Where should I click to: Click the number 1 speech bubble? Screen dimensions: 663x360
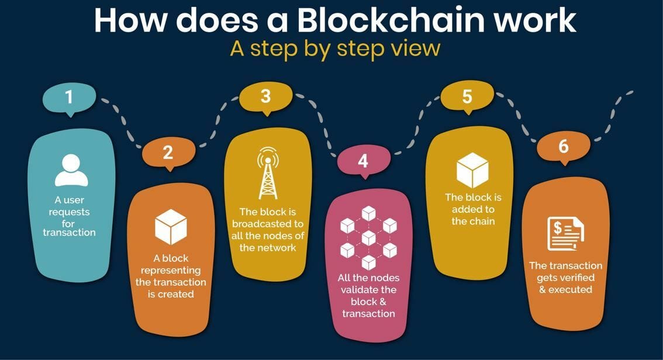70,98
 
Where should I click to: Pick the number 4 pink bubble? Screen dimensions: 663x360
364,161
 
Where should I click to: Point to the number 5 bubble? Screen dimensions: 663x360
467,97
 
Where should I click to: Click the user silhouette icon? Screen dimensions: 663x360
71,170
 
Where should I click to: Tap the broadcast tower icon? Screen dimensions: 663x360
268,173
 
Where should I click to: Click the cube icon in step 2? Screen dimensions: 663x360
171,227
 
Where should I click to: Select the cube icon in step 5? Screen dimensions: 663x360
473,170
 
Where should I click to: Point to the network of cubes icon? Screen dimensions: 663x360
369,238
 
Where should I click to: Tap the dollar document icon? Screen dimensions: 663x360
565,234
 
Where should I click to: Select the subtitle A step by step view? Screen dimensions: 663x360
335,49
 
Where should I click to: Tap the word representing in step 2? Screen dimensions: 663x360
171,271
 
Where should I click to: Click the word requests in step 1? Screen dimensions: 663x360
70,212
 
